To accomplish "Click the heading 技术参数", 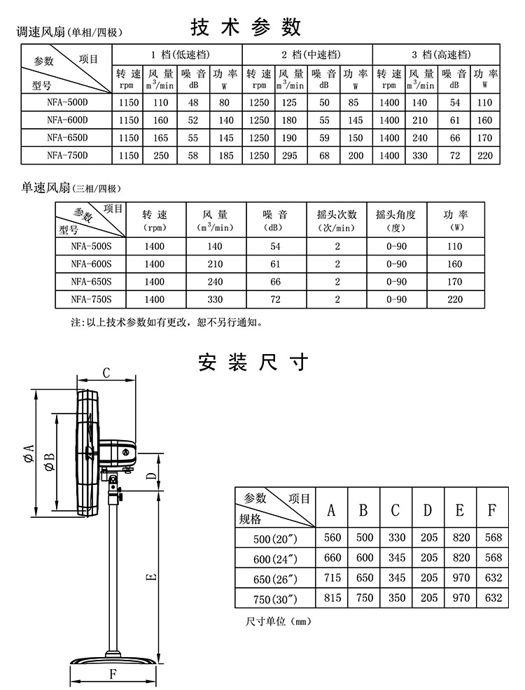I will [x=246, y=27].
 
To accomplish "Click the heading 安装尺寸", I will [x=253, y=362].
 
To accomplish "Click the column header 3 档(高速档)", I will [x=435, y=55].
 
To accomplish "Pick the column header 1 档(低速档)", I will [x=177, y=55].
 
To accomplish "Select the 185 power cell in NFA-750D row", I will [x=225, y=155].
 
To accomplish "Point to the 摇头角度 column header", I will [x=395, y=219].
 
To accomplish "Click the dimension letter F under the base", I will [x=111, y=674].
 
